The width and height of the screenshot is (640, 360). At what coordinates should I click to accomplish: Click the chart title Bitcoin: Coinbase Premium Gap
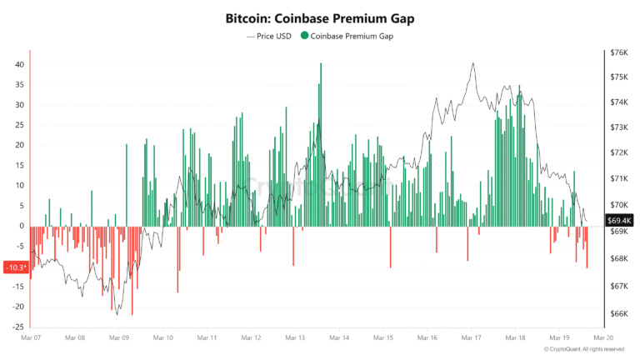pos(320,17)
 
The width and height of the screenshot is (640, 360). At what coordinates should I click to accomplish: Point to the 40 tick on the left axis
pos(19,64)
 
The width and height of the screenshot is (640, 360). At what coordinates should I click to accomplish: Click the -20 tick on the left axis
pos(17,306)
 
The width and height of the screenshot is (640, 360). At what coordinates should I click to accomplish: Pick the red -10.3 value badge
pos(16,267)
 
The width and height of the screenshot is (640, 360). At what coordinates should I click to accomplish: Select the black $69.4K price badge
pos(622,220)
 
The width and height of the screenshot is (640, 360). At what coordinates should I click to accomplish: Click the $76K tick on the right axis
pos(619,52)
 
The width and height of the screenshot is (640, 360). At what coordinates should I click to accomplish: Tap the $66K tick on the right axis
pos(619,313)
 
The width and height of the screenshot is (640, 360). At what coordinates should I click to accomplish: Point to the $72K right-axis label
pos(619,153)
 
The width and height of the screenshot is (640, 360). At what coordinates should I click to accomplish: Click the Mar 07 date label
pos(31,338)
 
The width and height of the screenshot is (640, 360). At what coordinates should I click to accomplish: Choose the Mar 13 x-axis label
pos(296,338)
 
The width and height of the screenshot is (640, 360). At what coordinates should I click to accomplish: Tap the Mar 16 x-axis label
pos(427,338)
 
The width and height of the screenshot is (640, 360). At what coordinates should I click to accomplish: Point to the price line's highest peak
pos(473,63)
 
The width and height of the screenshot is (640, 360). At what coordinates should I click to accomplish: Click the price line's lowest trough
pos(117,314)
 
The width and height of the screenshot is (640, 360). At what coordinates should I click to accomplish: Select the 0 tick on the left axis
pos(22,226)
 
